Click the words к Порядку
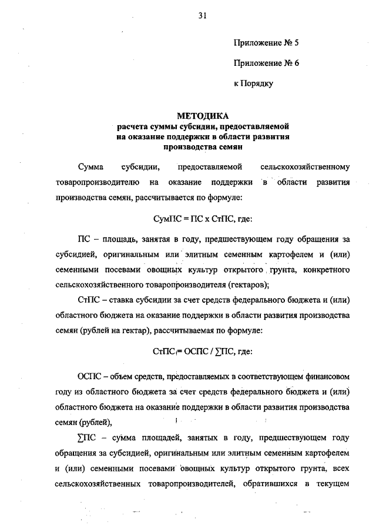pos(254,84)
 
